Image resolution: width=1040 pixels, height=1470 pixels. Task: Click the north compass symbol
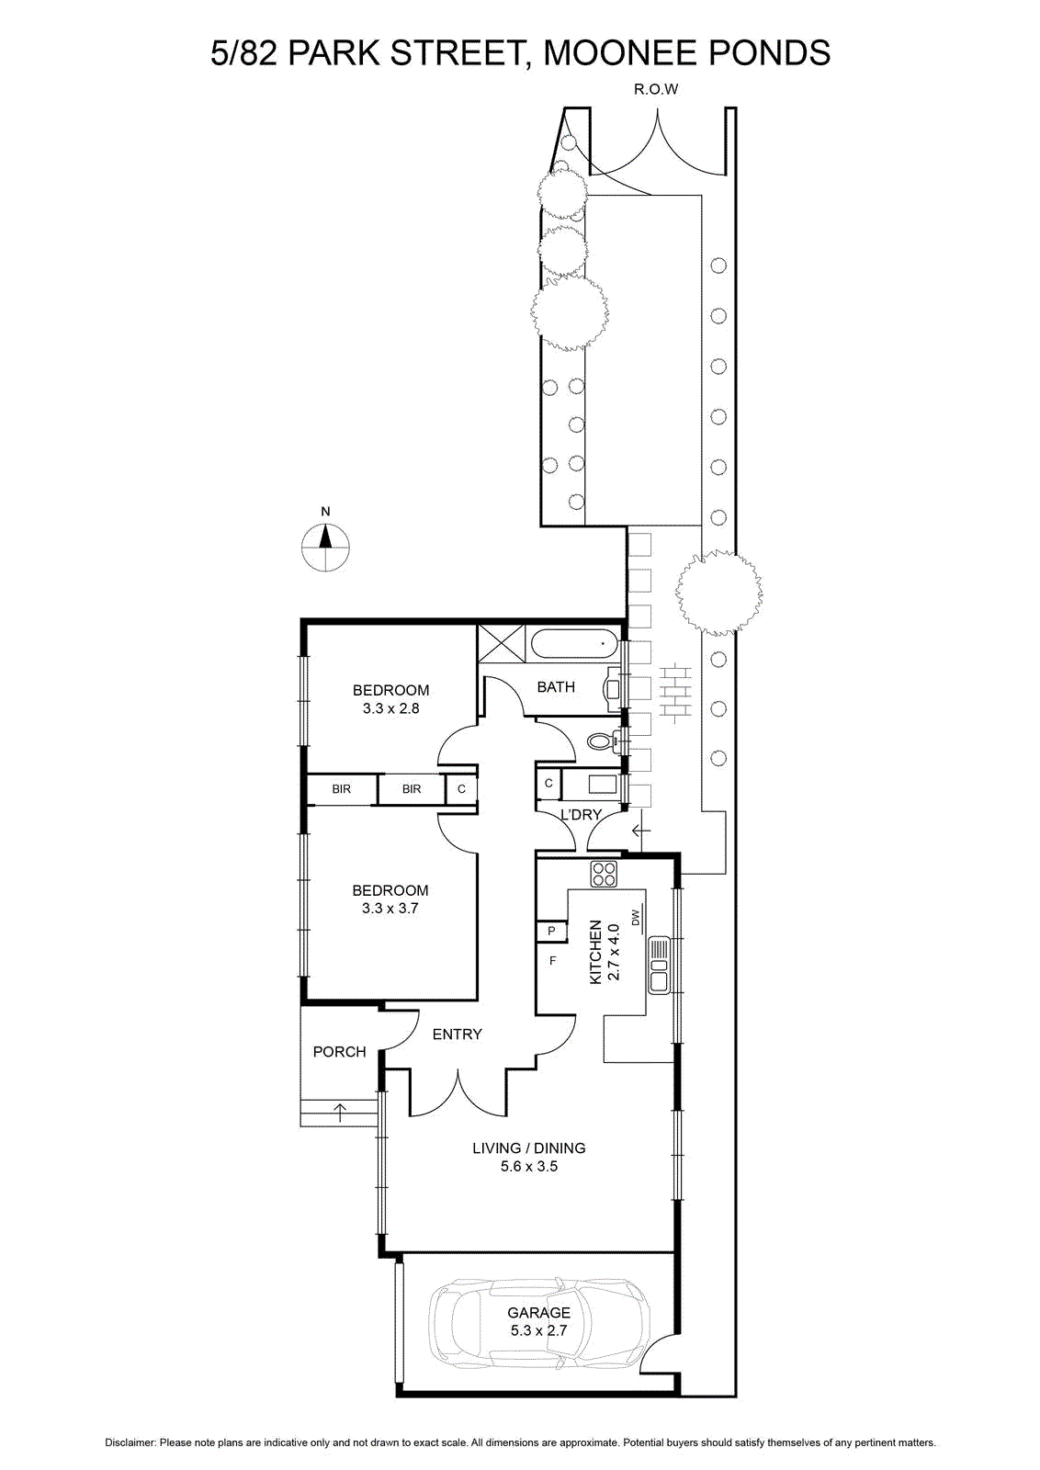coord(325,548)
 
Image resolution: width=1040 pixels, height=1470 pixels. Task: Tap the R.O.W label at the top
coord(655,89)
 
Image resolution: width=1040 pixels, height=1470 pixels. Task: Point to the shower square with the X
coord(502,644)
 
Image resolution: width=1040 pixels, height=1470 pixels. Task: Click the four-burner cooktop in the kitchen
coord(605,874)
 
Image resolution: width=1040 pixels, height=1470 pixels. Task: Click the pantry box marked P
coord(551,931)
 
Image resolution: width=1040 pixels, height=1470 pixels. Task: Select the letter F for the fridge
coord(552,961)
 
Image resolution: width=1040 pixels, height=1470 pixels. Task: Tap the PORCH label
coord(339,1052)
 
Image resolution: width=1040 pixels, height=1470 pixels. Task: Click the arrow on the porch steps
coord(340,1112)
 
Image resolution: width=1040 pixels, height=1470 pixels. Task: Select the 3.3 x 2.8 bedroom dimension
coord(390,708)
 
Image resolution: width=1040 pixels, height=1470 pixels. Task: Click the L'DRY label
coord(580,815)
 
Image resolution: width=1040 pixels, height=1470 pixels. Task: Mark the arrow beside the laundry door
coord(640,831)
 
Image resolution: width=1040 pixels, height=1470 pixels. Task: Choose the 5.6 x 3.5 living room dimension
coord(529,1167)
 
